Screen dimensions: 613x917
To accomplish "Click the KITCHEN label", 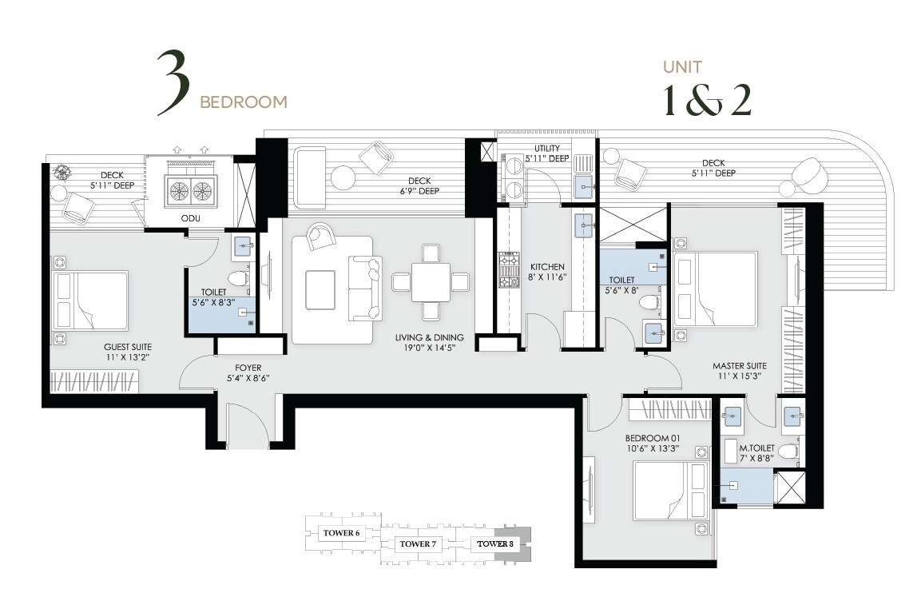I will pyautogui.click(x=547, y=267).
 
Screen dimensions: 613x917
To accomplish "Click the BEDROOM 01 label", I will pyautogui.click(x=651, y=439).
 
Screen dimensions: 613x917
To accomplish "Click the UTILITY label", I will pyautogui.click(x=547, y=149).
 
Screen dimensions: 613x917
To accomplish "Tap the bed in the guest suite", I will pyautogui.click(x=90, y=301).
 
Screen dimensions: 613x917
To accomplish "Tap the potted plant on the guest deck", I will pyautogui.click(x=62, y=172).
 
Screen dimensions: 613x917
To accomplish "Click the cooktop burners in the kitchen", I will pyautogui.click(x=506, y=270).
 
